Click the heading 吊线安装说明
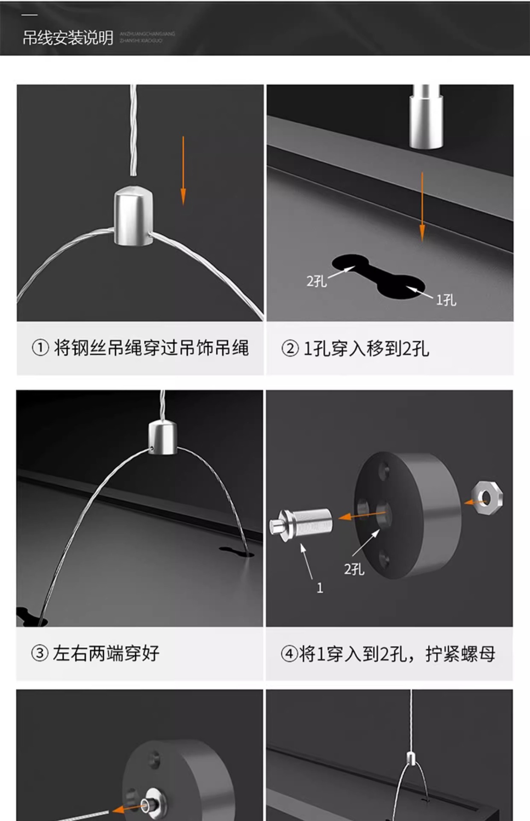click(68, 38)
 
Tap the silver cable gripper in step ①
click(133, 216)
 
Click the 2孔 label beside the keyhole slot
click(316, 281)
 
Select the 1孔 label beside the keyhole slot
click(446, 300)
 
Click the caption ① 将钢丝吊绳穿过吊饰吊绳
click(140, 348)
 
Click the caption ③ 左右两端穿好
click(95, 653)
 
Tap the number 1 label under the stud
click(320, 588)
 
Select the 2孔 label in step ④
click(354, 569)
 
